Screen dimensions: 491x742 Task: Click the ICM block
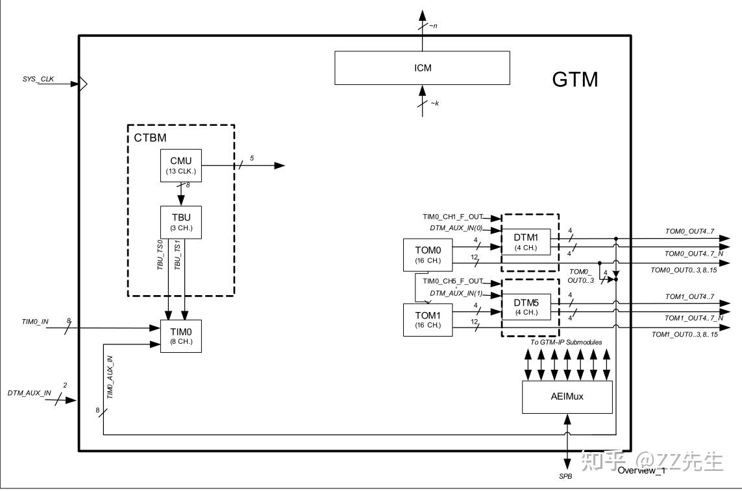pos(422,67)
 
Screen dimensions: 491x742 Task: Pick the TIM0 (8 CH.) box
pos(181,336)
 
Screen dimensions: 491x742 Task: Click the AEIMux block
pos(567,397)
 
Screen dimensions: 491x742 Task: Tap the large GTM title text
pos(575,80)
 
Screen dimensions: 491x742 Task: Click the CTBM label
pos(150,138)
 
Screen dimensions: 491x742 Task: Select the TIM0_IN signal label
pos(35,321)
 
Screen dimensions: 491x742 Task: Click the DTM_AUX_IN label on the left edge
pos(29,393)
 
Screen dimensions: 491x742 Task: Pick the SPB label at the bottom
pos(566,476)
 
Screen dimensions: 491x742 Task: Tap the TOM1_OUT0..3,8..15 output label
pos(686,335)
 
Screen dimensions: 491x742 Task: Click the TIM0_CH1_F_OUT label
pos(453,217)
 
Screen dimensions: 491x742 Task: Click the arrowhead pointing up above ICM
pos(423,15)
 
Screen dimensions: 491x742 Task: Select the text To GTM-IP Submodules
pos(567,342)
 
